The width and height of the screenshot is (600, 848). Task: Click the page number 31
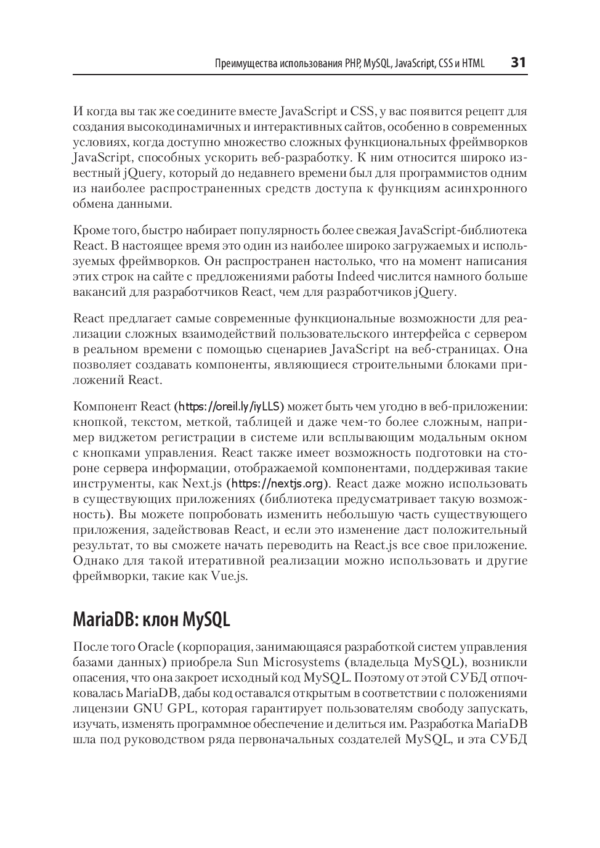(519, 63)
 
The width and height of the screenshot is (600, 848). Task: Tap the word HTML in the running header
(473, 63)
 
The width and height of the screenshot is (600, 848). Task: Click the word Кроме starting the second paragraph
(90, 230)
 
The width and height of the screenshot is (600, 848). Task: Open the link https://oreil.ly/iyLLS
(230, 407)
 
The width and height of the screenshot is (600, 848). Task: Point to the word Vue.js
(229, 576)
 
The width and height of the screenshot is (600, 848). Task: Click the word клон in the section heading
(161, 619)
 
